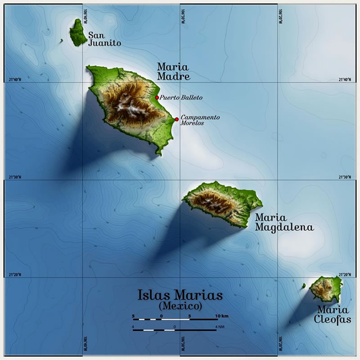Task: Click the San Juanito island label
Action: pyautogui.click(x=104, y=39)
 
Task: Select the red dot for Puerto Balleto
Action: pyautogui.click(x=157, y=98)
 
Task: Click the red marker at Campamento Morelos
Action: pyautogui.click(x=177, y=119)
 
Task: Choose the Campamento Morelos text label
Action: pyautogui.click(x=200, y=120)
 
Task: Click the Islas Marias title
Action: pyautogui.click(x=180, y=296)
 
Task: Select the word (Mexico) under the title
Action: pyautogui.click(x=180, y=306)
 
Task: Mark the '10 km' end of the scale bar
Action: pyautogui.click(x=221, y=315)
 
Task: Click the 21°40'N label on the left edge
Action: pyautogui.click(x=15, y=80)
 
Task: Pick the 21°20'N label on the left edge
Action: pyautogui.click(x=15, y=275)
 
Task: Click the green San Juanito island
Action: pyautogui.click(x=78, y=32)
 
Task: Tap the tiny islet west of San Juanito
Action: pyautogui.click(x=61, y=41)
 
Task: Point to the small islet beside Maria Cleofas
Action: pyautogui.click(x=304, y=286)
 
